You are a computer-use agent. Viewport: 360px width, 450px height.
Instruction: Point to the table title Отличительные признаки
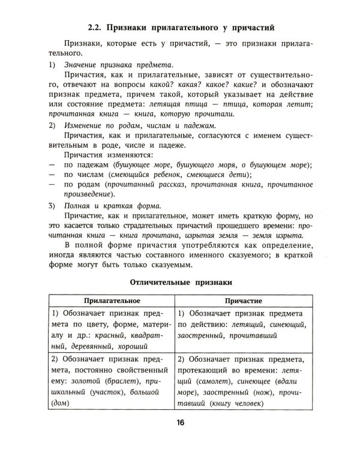point(179,280)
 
